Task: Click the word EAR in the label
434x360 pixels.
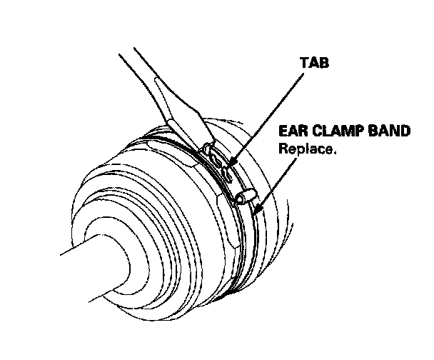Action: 293,132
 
